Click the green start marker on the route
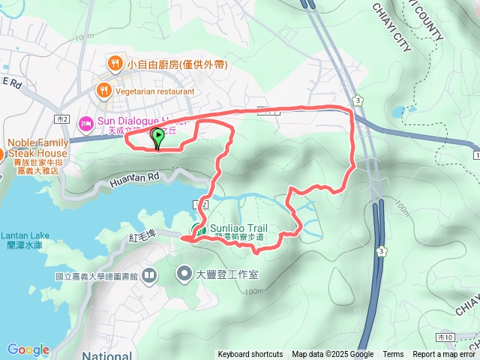tap(158, 136)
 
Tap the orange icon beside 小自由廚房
tap(115, 64)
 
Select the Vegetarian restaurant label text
tap(155, 91)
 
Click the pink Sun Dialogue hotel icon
tap(85, 120)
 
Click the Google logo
tap(28, 349)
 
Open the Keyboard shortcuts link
tap(250, 355)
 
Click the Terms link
tap(393, 355)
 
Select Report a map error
tap(445, 355)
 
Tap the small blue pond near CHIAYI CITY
tap(397, 112)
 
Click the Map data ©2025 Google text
tap(332, 355)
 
